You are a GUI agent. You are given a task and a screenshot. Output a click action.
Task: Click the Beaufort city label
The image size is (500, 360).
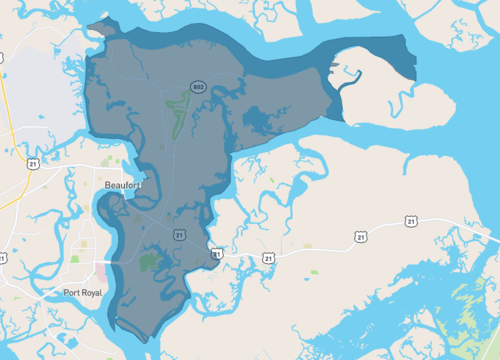(x=124, y=185)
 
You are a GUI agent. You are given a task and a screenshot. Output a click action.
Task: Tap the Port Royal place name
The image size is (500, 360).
(x=83, y=292)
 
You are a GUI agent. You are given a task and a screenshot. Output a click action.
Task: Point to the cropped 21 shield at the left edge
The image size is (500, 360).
(x=2, y=258)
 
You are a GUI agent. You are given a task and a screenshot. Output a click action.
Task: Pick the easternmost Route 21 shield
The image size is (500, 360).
(x=411, y=220)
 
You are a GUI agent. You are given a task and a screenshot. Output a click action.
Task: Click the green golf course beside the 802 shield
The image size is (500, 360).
(x=178, y=110)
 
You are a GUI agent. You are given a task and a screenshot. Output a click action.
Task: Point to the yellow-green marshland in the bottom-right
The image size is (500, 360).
(x=470, y=310)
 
